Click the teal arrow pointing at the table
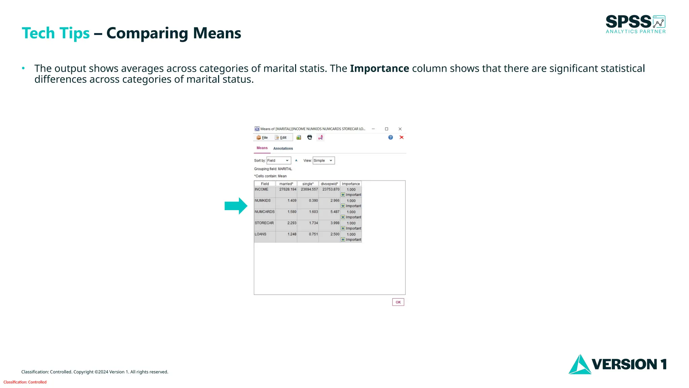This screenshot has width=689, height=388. pyautogui.click(x=236, y=206)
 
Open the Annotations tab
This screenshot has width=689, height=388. pyautogui.click(x=283, y=149)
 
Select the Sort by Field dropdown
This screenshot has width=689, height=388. pyautogui.click(x=279, y=161)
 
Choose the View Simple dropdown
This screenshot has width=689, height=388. pyautogui.click(x=323, y=161)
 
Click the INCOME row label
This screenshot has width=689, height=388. pyautogui.click(x=261, y=190)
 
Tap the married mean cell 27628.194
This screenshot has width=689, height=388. pyautogui.click(x=288, y=190)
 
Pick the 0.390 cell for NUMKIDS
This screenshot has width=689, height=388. pyautogui.click(x=313, y=201)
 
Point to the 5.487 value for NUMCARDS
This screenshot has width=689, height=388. pyautogui.click(x=335, y=212)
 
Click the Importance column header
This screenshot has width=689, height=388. pyautogui.click(x=351, y=184)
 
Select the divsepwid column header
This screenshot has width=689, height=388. pyautogui.click(x=329, y=184)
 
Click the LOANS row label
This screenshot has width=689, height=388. pyautogui.click(x=260, y=234)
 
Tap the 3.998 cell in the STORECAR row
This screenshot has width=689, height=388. pyautogui.click(x=335, y=223)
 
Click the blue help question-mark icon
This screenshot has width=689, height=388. pyautogui.click(x=390, y=137)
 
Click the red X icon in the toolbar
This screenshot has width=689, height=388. pyautogui.click(x=401, y=137)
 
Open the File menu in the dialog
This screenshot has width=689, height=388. pyautogui.click(x=262, y=137)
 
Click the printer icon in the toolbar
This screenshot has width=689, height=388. pyautogui.click(x=310, y=137)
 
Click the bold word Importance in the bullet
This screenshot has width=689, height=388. pyautogui.click(x=379, y=69)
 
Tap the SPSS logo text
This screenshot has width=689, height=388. pyautogui.click(x=628, y=22)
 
